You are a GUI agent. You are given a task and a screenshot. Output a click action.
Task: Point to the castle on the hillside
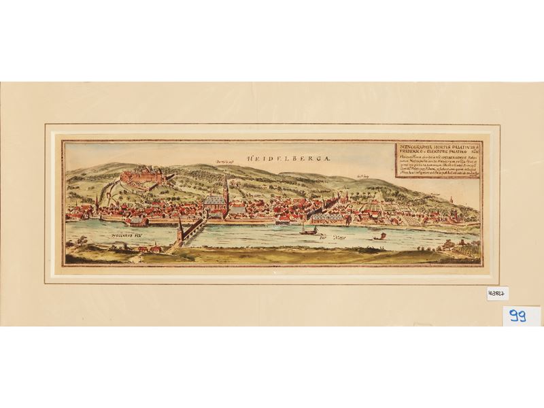pos(145,177)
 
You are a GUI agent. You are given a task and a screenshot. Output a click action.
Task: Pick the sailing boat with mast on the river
pos(310,228)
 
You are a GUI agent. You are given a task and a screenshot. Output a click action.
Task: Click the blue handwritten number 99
pos(522,316)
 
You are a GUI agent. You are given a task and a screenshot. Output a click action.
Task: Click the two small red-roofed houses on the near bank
pos(150,248)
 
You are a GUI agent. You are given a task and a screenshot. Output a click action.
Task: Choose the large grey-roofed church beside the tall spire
pos(213,203)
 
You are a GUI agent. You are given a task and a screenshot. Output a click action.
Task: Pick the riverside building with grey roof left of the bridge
pos(137,220)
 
